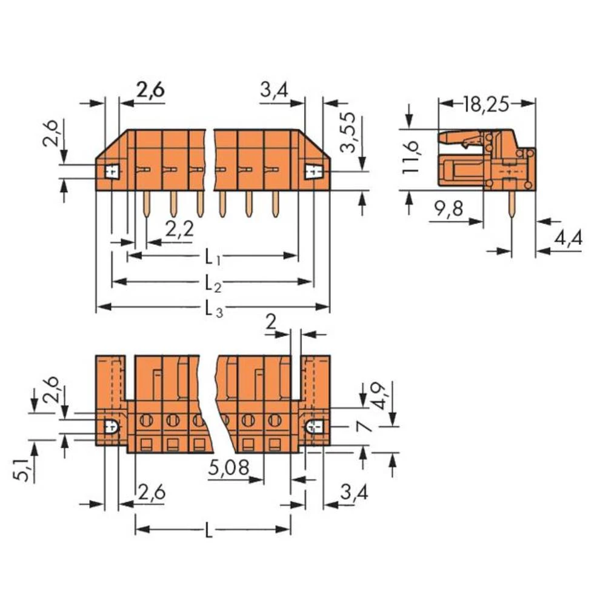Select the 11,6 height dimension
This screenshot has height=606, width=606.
411,157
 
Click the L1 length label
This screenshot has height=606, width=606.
212,258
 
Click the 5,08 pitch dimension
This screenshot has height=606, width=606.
228,468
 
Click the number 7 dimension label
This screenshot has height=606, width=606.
364,427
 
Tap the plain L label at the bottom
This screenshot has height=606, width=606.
209,533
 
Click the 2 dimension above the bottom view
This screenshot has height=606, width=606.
271,322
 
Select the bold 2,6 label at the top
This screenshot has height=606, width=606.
150,90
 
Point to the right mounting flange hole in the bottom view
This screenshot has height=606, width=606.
315,428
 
